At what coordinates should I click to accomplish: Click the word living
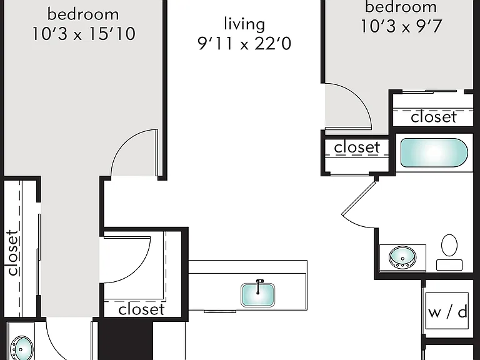point(244,24)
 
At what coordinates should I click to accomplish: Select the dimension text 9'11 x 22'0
point(244,44)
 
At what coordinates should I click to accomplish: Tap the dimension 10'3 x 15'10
point(84,33)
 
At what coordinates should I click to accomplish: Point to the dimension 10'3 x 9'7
point(401,26)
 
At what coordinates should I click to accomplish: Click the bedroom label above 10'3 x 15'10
point(83,14)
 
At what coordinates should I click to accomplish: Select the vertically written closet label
point(12,252)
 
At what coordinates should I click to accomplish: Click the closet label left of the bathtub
point(357,147)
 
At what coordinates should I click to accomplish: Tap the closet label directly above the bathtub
point(434,117)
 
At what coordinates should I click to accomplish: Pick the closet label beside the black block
point(141,309)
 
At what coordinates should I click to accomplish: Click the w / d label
point(447,312)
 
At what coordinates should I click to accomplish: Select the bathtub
point(434,152)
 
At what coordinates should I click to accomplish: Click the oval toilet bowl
point(449,245)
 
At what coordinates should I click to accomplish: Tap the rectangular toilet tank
point(449,265)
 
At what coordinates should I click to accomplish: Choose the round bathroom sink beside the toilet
point(402,257)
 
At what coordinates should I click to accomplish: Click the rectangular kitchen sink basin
point(257,295)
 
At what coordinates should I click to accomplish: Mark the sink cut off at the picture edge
point(21,348)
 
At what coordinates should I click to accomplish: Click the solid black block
point(126,341)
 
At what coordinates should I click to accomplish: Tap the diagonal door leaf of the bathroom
point(359,198)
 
